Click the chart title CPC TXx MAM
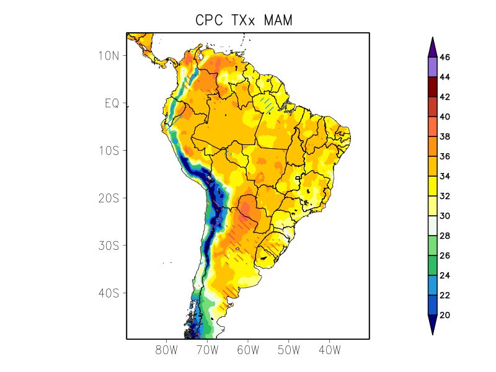coord(244,20)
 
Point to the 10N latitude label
coord(108,56)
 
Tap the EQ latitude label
coord(112,103)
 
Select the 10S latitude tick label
coord(108,151)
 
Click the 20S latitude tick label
coord(108,198)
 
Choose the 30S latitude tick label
coord(108,246)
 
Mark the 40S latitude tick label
coord(108,293)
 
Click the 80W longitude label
coord(167,350)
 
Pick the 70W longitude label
coord(207,350)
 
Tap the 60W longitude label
coord(248,350)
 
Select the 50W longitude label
coord(289,350)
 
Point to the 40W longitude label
coord(329,350)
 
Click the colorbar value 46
coord(445,57)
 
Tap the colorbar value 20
coord(445,315)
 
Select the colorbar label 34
coord(445,176)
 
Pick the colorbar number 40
coord(445,117)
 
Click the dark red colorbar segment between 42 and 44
coord(432,87)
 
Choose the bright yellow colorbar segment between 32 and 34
coord(432,186)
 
